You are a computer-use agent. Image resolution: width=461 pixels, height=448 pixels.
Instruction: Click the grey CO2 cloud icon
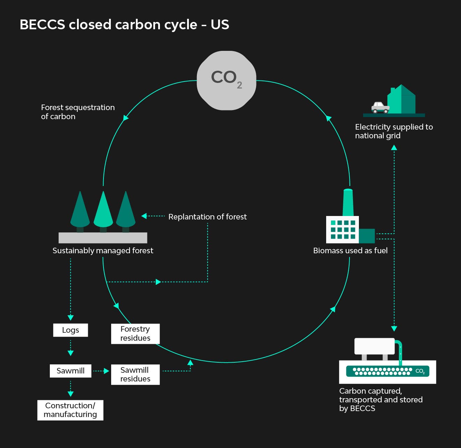pos(226,80)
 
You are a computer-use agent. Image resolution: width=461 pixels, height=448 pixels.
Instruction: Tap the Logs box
pos(70,330)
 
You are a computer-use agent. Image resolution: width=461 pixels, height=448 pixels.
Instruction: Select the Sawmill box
pos(70,371)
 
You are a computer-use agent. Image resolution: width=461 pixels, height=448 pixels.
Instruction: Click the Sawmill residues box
pos(135,374)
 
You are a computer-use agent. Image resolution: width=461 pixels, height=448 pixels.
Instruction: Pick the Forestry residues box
pos(135,334)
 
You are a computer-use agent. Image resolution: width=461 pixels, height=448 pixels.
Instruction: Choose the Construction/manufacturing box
pos(70,410)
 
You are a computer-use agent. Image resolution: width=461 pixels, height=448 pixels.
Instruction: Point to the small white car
pos(380,107)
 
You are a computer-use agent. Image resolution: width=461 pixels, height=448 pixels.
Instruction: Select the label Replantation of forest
pos(207,217)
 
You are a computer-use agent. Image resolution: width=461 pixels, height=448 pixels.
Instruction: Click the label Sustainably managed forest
pos(103,250)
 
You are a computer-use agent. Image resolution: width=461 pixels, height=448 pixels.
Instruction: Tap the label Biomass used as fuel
pos(350,250)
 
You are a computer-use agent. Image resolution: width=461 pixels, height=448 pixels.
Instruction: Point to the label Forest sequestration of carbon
pos(78,112)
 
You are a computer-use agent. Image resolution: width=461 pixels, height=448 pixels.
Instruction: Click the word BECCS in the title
pos(42,25)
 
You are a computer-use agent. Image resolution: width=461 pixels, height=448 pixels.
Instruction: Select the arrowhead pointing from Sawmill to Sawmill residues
pos(107,371)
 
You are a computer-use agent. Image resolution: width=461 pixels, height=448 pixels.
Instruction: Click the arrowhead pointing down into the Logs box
pos(71,317)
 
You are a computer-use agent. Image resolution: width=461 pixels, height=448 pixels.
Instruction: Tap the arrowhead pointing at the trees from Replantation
pos(144,216)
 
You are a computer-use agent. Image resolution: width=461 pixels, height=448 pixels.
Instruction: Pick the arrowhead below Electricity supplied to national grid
pos(394,148)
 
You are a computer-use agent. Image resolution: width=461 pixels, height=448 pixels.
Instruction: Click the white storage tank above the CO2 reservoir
pos(374,346)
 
